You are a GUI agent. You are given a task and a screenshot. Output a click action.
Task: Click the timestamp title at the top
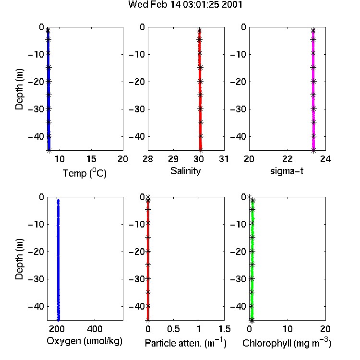point(185,4)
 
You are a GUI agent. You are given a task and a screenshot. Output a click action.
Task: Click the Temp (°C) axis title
point(84,173)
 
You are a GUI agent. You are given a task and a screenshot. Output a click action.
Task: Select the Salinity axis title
point(185,171)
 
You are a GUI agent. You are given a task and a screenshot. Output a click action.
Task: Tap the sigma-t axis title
point(287,171)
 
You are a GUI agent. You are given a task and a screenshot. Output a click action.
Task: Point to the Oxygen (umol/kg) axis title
point(84,341)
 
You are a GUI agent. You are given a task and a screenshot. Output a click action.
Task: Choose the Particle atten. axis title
point(185,343)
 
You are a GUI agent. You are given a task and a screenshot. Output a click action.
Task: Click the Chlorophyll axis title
point(287,343)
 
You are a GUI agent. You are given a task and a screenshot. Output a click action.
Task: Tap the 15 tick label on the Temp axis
point(91,159)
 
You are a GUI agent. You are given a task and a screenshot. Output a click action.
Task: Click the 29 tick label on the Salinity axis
point(173,159)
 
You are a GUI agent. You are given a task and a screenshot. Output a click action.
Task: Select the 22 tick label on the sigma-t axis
point(288,159)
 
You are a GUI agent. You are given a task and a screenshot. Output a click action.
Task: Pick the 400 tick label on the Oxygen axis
point(95,329)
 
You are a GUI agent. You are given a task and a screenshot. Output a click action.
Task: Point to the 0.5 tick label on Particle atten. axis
point(173,329)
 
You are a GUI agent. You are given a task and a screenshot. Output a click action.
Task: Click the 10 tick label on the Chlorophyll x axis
point(288,329)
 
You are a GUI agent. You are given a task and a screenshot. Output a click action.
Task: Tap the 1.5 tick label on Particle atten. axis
point(224,329)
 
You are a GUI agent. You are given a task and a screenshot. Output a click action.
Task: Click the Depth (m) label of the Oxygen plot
point(19,259)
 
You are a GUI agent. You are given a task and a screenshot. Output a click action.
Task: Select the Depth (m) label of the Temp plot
point(19,89)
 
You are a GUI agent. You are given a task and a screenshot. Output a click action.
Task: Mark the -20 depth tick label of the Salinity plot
point(137,82)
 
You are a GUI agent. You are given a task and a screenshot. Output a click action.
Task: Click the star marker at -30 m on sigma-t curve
point(313,108)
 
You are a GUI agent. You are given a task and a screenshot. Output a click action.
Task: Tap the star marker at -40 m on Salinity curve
point(201,136)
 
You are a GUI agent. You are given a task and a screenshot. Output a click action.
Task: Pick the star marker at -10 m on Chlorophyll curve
point(252,223)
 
